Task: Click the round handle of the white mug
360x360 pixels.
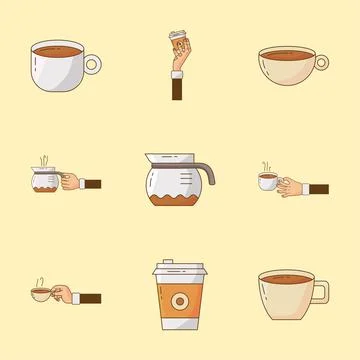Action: click(x=92, y=64)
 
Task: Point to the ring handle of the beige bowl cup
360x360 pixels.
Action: click(x=321, y=62)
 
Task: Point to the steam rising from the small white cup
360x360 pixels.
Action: click(x=266, y=163)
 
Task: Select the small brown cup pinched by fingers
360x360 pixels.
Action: click(x=41, y=293)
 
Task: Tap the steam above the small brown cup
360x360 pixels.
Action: click(x=39, y=277)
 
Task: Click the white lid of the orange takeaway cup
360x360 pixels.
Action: click(x=179, y=271)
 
